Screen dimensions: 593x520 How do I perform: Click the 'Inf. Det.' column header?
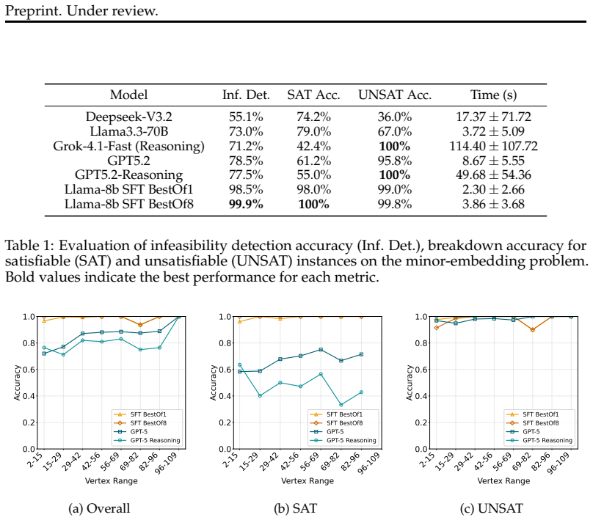(x=246, y=95)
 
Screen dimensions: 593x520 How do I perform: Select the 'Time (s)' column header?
(x=493, y=95)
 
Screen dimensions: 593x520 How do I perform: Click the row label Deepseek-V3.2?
(x=128, y=117)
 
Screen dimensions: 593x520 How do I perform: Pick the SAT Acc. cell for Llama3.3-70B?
(x=313, y=131)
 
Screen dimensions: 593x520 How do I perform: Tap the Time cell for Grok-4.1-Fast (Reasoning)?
(x=493, y=146)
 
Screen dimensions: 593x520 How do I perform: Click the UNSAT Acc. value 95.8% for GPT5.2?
(x=394, y=161)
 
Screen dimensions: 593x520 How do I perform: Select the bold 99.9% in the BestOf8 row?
(x=246, y=204)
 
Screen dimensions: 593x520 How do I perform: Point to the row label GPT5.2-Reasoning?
(x=128, y=175)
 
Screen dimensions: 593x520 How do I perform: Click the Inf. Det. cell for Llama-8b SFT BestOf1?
(x=246, y=189)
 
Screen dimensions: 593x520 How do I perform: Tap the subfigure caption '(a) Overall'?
(x=98, y=508)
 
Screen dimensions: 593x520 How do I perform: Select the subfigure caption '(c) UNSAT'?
(x=491, y=508)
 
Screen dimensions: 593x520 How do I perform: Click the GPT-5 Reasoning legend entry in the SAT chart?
(x=343, y=440)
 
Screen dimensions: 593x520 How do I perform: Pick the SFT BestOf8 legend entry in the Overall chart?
(x=140, y=423)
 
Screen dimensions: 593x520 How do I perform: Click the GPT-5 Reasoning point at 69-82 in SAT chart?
(x=341, y=405)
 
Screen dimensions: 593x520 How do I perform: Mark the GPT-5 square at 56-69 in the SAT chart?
(x=321, y=350)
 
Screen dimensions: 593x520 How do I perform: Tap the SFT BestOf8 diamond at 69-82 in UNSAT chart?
(x=533, y=330)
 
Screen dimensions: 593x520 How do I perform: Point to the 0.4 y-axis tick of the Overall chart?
(x=29, y=396)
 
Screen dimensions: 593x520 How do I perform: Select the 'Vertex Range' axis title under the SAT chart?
(x=308, y=481)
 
